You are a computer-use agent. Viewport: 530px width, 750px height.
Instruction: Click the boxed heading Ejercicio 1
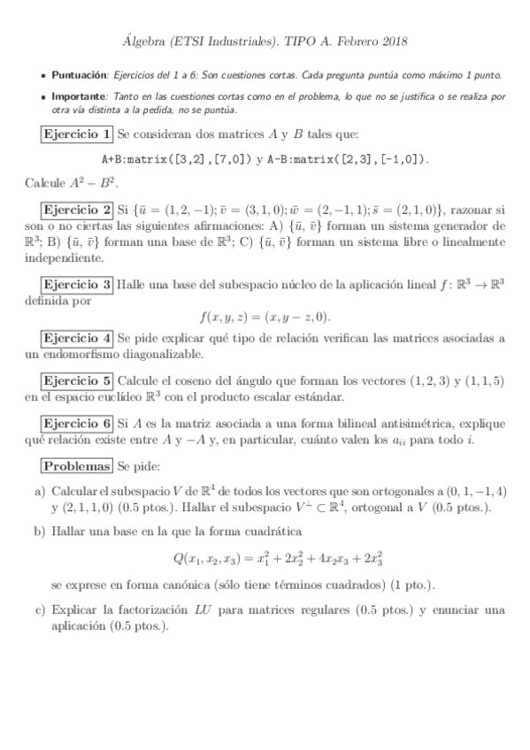[77, 134]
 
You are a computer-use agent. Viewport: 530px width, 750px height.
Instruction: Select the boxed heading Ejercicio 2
[77, 210]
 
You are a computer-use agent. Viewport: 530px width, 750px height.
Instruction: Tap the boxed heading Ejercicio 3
[77, 285]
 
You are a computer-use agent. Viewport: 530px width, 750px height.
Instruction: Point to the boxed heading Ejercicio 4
[77, 339]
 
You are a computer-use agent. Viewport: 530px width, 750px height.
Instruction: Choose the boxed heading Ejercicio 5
[77, 381]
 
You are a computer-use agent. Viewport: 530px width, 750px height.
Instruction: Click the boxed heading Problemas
[77, 466]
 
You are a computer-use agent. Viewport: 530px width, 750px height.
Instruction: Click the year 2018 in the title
[391, 42]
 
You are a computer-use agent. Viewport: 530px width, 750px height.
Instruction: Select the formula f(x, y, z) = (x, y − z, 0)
[265, 317]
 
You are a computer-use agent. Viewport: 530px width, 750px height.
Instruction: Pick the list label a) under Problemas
[40, 491]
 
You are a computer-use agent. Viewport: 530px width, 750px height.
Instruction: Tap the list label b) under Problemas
[40, 532]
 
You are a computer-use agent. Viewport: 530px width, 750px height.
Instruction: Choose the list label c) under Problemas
[40, 610]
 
